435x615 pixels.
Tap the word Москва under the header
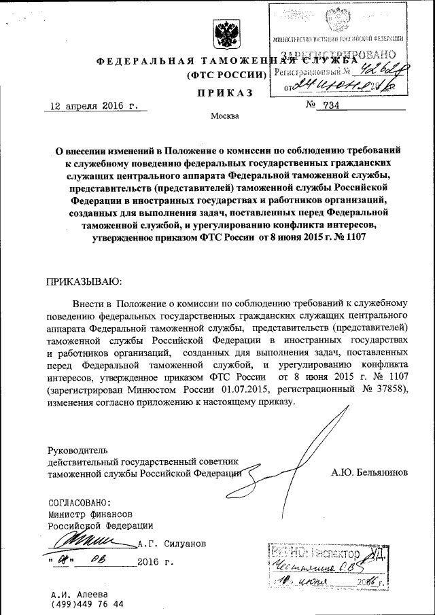pyautogui.click(x=225, y=116)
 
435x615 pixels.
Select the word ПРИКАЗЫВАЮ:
pyautogui.click(x=83, y=281)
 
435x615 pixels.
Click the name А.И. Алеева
pyautogui.click(x=78, y=593)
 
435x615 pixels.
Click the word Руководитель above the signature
pyautogui.click(x=77, y=450)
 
